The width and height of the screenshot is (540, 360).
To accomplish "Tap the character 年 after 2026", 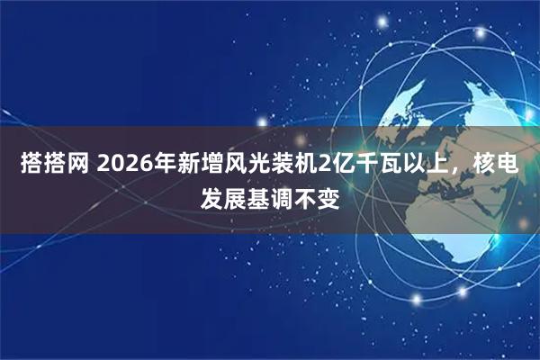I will pyautogui.click(x=166, y=165).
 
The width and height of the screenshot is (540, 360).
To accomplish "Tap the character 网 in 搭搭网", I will pyautogui.click(x=79, y=165).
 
